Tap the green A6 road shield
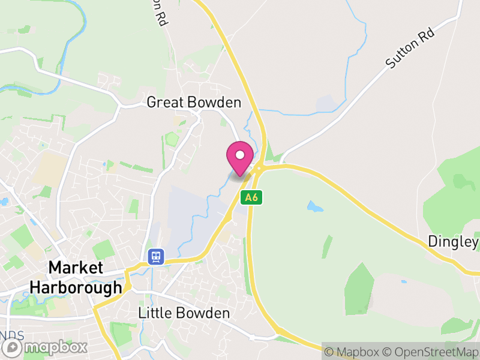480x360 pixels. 253,197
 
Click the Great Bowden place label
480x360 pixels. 194,103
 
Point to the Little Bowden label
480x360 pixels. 184,313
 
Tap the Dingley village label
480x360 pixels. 453,242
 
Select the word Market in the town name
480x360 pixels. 76,268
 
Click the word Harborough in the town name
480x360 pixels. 76,288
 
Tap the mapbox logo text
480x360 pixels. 55,347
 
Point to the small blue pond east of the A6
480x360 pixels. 314,207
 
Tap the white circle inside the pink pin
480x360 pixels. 240,155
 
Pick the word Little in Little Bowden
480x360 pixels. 155,313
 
